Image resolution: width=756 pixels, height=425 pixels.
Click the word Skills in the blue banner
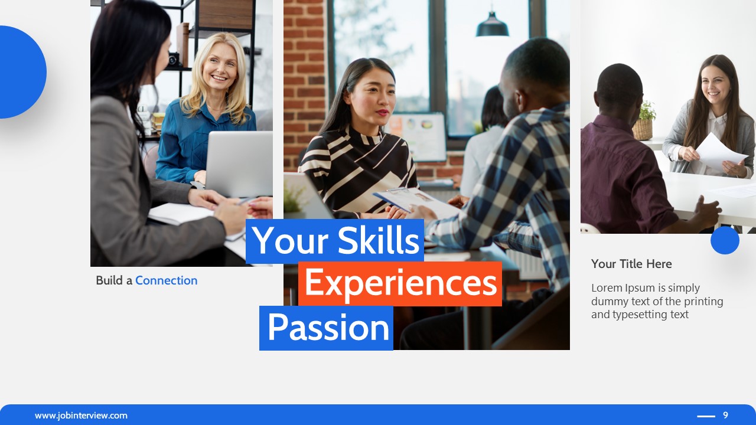(x=378, y=241)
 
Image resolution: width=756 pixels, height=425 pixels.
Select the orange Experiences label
(x=400, y=283)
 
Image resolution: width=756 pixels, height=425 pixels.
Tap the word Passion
(x=328, y=328)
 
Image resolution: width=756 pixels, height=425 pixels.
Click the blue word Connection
(x=166, y=280)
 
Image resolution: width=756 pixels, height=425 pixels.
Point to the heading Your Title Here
(x=631, y=264)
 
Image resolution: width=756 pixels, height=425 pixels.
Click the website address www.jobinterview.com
(x=81, y=416)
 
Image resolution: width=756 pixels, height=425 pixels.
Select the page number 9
(x=725, y=416)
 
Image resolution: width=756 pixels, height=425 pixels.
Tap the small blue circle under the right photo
(x=725, y=240)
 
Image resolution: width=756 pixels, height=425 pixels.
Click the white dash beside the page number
(x=706, y=416)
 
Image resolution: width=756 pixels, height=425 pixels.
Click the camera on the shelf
(x=173, y=59)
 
